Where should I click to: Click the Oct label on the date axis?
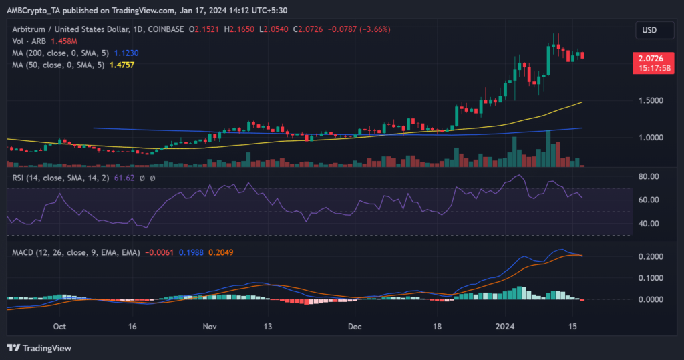[59, 327]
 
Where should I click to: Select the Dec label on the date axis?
[355, 327]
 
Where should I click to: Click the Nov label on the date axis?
[210, 327]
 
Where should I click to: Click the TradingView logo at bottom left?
[39, 348]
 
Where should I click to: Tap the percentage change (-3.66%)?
[374, 29]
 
